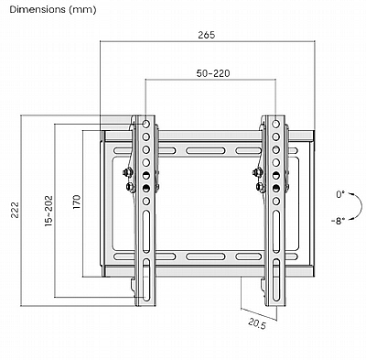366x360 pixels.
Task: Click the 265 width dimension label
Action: click(207, 35)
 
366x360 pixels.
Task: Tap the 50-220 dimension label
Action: click(213, 73)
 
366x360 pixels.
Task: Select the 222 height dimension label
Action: click(16, 210)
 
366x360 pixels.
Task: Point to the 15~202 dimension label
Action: click(48, 211)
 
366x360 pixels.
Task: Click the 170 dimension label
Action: click(76, 202)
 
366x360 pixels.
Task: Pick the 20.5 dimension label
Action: click(257, 323)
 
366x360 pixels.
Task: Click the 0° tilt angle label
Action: click(340, 194)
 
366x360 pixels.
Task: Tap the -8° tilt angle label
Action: click(338, 221)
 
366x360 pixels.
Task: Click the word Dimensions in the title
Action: click(38, 9)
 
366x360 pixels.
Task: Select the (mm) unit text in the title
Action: click(82, 10)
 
